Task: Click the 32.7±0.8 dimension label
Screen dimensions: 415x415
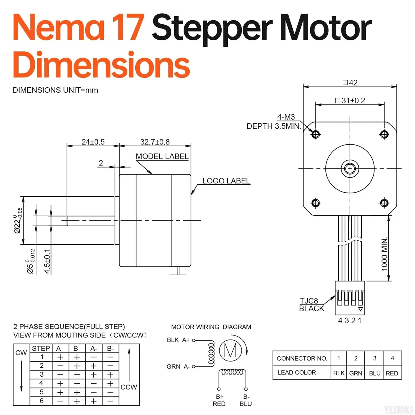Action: [155, 142]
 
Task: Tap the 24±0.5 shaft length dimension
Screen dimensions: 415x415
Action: [93, 142]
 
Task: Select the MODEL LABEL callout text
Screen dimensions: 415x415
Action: [162, 156]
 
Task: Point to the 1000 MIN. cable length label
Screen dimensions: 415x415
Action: [384, 254]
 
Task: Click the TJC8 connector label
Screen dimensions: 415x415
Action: [309, 301]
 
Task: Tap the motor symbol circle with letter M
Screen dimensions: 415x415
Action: [230, 350]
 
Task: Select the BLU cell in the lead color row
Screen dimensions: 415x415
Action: [375, 373]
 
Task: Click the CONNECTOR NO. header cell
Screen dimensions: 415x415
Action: [302, 358]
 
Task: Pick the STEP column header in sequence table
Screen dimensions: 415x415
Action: [41, 348]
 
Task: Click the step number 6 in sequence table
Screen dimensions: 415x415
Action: [41, 401]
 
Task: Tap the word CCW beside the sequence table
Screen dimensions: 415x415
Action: [129, 387]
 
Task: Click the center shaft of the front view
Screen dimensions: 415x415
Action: [350, 168]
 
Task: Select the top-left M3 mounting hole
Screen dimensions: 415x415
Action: [316, 134]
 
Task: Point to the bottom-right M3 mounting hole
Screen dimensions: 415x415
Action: [384, 203]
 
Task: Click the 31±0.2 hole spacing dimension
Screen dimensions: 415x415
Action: [350, 100]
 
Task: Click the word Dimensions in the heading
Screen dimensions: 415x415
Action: [101, 65]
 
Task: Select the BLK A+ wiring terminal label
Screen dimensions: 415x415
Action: [178, 340]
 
